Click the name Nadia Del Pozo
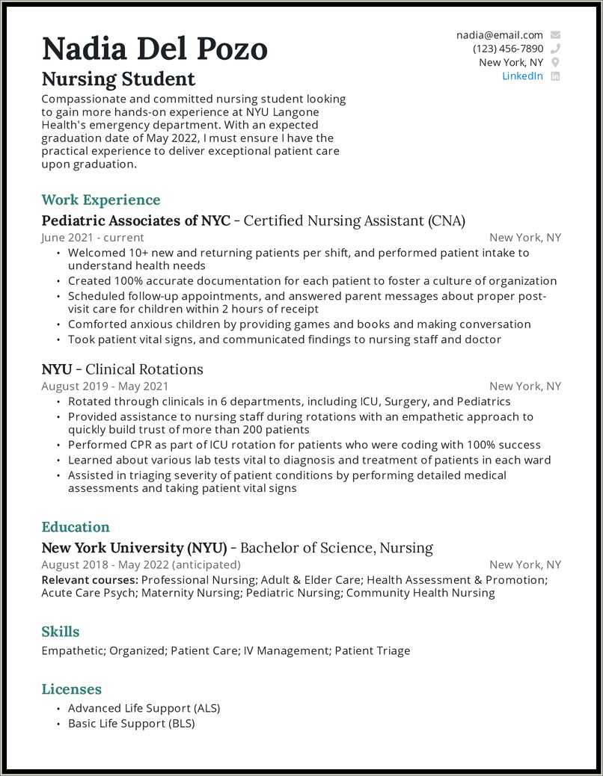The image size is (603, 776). [x=154, y=49]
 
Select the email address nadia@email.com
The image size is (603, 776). [x=499, y=35]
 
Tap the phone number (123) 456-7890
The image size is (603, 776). [x=507, y=49]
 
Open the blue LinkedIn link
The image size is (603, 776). [x=522, y=76]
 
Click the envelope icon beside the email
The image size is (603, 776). [x=555, y=35]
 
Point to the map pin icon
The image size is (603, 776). [x=555, y=63]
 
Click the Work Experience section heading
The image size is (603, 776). [x=101, y=200]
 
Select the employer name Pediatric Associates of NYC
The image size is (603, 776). [x=135, y=221]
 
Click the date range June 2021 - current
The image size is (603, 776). [x=82, y=238]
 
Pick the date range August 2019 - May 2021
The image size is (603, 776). [x=105, y=387]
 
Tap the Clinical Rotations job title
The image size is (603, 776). [x=144, y=369]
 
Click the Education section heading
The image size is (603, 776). [x=76, y=526]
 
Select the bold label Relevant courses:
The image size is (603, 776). [x=89, y=580]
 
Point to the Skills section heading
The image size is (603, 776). [x=60, y=632]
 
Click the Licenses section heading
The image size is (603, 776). [x=71, y=689]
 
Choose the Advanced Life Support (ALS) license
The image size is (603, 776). [x=144, y=708]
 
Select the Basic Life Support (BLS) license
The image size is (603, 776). [x=131, y=724]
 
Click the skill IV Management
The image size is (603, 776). [x=287, y=650]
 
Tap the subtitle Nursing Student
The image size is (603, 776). [x=118, y=78]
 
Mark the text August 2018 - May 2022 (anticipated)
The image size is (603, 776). [x=141, y=564]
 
